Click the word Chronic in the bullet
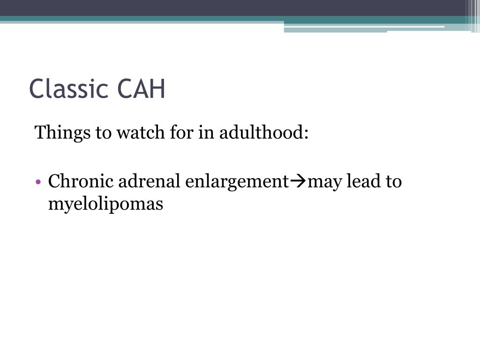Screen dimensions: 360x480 point(81,181)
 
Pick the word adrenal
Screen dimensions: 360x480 point(149,181)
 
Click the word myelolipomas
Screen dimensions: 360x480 point(105,204)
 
